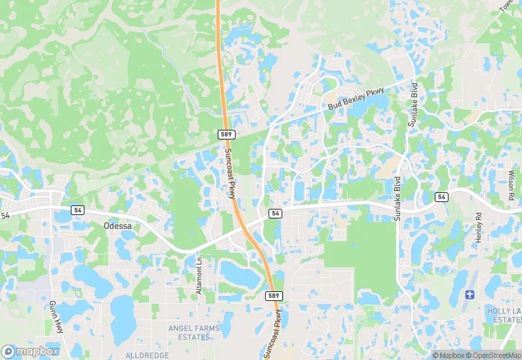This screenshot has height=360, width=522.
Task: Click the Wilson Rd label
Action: pos(512,185)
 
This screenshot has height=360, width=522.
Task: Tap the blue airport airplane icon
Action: pos(469,295)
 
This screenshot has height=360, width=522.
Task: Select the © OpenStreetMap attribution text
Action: pos(488,355)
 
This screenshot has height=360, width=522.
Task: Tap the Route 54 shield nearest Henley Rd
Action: pos(442,197)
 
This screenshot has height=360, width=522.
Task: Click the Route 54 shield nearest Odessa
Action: pos(77,209)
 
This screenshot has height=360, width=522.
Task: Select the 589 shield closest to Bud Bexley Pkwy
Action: pos(225,133)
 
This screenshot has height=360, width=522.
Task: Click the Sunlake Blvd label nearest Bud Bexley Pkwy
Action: pos(413,92)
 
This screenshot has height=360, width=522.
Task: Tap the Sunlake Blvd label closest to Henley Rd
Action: pos(397,199)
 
